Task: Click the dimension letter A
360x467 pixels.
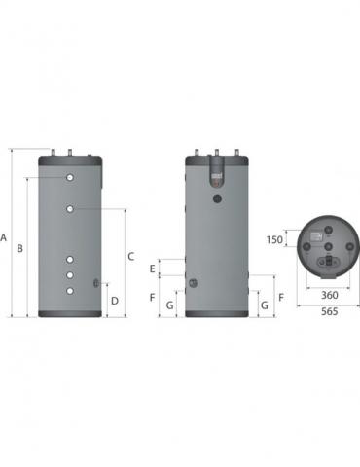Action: point(6,236)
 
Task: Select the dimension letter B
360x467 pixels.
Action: point(19,248)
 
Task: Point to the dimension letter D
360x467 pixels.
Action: point(115,301)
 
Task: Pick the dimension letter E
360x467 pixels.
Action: point(153,268)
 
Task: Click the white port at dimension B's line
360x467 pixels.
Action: point(71,180)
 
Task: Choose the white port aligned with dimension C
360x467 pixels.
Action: point(71,208)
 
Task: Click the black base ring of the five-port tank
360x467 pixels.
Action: point(71,313)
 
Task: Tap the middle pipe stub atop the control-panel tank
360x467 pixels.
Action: point(216,151)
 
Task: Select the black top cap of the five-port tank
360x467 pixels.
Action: point(71,159)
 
